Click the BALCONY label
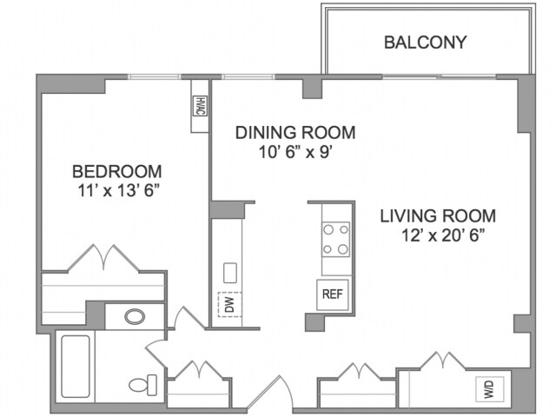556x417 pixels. coord(425,43)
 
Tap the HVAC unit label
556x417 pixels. coord(200,106)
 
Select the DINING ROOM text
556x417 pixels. coord(295,133)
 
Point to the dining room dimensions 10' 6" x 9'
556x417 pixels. coord(295,153)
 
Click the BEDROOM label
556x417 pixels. coord(117,172)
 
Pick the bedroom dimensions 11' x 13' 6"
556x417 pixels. coord(117,191)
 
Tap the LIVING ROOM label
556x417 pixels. coord(438,216)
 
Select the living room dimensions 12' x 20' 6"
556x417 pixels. coord(443,235)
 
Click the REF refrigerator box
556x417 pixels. coord(333,295)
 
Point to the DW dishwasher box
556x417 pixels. coord(229,304)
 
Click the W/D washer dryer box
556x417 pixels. coord(489,388)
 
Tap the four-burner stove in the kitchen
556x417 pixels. coord(335,240)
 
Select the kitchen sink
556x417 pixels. coord(230,273)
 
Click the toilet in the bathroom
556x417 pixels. coord(142,385)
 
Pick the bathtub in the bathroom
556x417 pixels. coord(76,367)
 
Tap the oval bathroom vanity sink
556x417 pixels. coord(135,316)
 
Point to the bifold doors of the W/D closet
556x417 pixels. coord(443,361)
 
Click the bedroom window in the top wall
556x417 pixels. coord(155,76)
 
